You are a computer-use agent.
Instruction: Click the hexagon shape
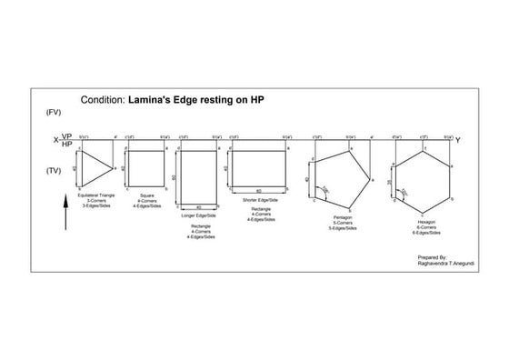[423, 177]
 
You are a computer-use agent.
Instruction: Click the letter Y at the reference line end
[457, 140]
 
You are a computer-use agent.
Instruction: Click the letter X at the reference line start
[56, 140]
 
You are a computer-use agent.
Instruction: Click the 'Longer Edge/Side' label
[198, 215]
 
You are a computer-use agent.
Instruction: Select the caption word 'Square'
[145, 195]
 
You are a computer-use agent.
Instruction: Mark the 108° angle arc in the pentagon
[324, 190]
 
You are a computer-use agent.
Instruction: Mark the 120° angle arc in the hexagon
[404, 192]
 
